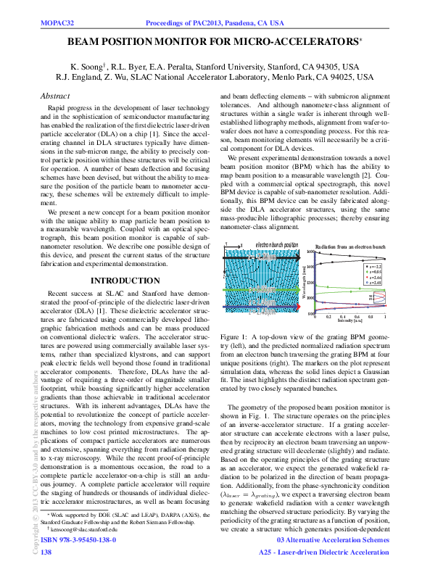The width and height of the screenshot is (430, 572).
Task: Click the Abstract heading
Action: coord(55,96)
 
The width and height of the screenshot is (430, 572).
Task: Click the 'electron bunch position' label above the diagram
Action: coord(276,246)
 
